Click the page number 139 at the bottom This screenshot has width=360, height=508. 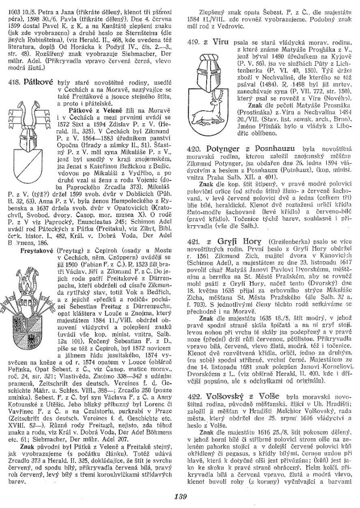[x=180, y=497]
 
